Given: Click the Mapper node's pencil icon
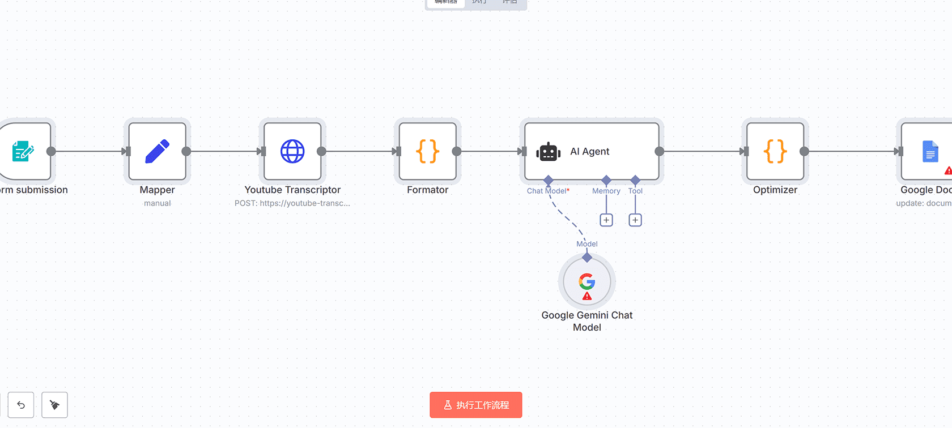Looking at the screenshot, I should [157, 151].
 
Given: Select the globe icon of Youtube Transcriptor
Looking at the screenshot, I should [292, 151].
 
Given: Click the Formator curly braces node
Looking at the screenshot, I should [427, 151].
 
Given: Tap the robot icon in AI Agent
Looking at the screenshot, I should [548, 152].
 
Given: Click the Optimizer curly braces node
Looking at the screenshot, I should [775, 151].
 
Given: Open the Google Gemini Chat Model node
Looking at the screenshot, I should [586, 281].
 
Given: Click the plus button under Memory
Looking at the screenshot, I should [606, 220].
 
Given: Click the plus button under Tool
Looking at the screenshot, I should [635, 220].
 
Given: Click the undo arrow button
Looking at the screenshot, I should [21, 405].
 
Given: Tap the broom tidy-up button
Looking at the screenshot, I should [54, 405].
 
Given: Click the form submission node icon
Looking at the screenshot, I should [23, 151].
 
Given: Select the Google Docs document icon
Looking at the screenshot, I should [930, 152].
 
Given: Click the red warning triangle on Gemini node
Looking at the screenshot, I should [587, 296].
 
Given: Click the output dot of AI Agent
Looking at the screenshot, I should [659, 151].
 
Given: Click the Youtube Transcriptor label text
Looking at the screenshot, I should [292, 190].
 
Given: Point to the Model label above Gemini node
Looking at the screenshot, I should [587, 244].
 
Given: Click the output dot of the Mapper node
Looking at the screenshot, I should [186, 151].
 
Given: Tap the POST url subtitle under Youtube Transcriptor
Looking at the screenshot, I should [292, 203].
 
